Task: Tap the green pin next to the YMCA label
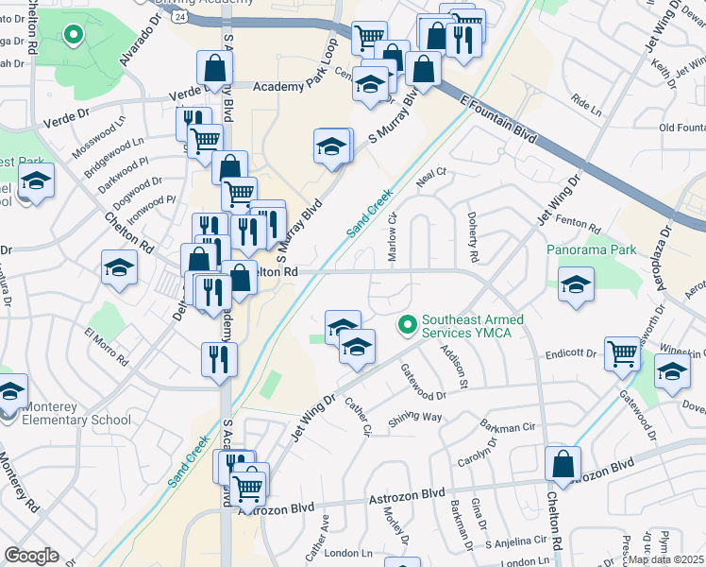point(408,326)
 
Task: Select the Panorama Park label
point(591,250)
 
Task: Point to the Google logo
point(30,555)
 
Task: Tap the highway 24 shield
point(179,16)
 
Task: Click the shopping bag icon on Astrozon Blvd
point(563,467)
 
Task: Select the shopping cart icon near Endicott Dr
point(622,354)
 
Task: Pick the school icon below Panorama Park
point(575,284)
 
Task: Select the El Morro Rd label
point(106,347)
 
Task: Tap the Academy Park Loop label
point(296,85)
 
